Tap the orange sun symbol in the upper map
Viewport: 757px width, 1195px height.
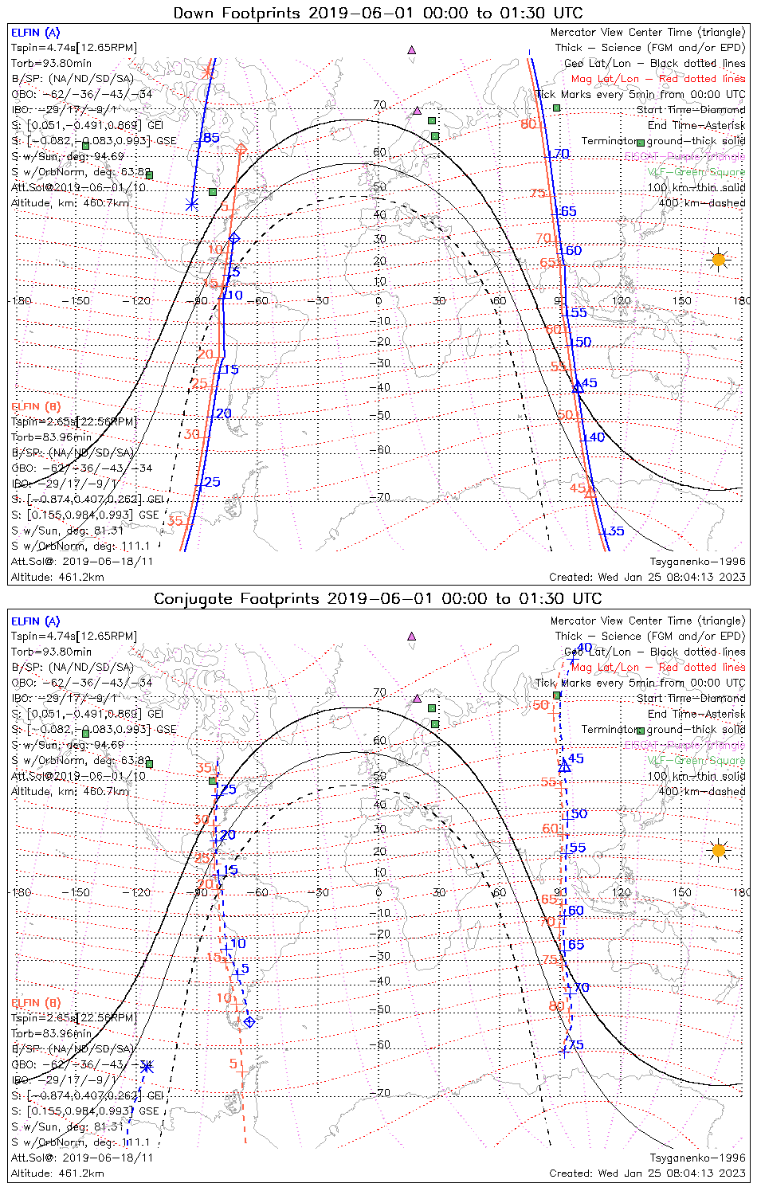click(719, 260)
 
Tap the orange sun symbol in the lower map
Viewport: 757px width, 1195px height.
click(719, 850)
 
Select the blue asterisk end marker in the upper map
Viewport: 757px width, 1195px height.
click(191, 205)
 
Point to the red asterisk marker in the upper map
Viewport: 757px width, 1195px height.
click(209, 72)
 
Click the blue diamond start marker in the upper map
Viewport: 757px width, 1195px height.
click(234, 238)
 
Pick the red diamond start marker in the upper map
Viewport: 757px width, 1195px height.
click(241, 148)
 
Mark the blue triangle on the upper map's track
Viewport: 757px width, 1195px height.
click(579, 387)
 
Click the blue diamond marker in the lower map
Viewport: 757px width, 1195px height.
click(249, 1021)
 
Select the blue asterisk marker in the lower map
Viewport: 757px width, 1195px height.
click(147, 1067)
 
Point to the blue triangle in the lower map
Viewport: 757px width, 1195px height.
click(564, 766)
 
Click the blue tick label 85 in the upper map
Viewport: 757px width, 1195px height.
click(211, 138)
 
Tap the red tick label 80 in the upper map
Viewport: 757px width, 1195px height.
click(528, 124)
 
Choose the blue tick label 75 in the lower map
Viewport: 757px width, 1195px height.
click(575, 1045)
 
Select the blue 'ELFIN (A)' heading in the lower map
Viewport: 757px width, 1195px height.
click(35, 621)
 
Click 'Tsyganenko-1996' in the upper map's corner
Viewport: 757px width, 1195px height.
click(697, 562)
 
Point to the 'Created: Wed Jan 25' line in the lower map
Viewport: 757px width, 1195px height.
click(647, 1173)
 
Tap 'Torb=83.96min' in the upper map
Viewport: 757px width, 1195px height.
click(51, 437)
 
